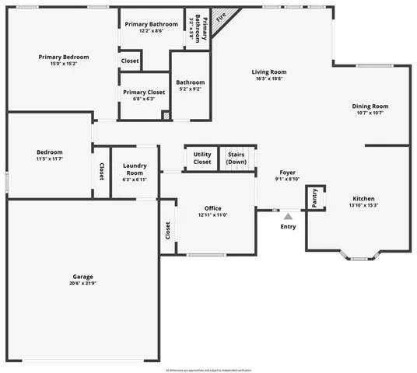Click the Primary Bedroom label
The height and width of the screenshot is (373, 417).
pos(64,57)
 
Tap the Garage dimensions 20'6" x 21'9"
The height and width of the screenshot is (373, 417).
pos(83,283)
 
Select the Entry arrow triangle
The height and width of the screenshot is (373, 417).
pos(288,217)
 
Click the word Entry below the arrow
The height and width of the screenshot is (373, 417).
pos(288,227)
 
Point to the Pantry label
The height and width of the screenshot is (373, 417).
pos(314,197)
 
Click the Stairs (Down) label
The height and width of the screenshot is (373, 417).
pos(237,158)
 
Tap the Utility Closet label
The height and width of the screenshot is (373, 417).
pos(201,158)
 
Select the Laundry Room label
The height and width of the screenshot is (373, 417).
pos(135,168)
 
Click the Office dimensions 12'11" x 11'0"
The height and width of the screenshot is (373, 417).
pos(213,215)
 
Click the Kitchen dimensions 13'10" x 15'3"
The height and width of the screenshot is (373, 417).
pos(364,205)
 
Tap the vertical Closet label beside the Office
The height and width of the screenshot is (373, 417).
pos(167,231)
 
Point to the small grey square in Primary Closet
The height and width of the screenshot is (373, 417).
pos(165,116)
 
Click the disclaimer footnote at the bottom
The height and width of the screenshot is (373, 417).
pos(208,369)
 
